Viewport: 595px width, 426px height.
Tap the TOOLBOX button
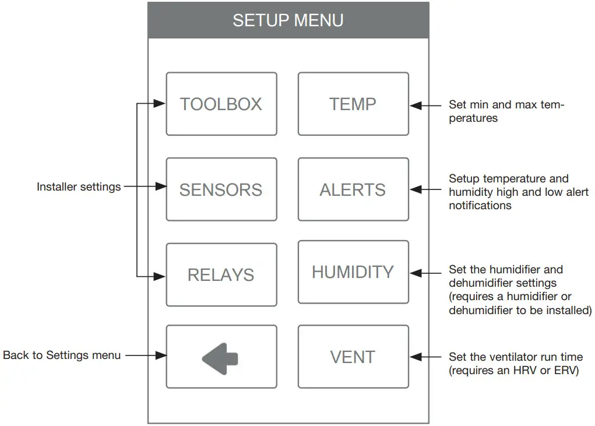pos(221,104)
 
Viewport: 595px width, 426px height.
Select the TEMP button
pos(353,104)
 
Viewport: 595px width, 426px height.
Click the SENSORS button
pos(221,189)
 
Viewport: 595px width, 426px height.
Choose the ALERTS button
pos(353,189)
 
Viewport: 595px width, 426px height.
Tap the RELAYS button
pos(221,274)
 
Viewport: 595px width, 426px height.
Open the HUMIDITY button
pos(353,272)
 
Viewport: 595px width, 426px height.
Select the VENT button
pos(353,357)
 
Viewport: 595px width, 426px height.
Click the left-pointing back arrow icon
pos(220,357)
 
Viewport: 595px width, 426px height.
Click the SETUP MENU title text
pos(288,20)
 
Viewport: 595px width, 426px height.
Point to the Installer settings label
pos(79,187)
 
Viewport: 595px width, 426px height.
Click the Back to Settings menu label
pos(62,355)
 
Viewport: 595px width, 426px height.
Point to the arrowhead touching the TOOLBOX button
pos(160,104)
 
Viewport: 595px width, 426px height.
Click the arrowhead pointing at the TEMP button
pos(416,105)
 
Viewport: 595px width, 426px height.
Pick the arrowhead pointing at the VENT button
pos(416,357)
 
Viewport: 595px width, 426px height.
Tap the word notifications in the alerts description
pos(480,206)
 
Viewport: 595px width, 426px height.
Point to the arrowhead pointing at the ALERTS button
pos(416,189)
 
